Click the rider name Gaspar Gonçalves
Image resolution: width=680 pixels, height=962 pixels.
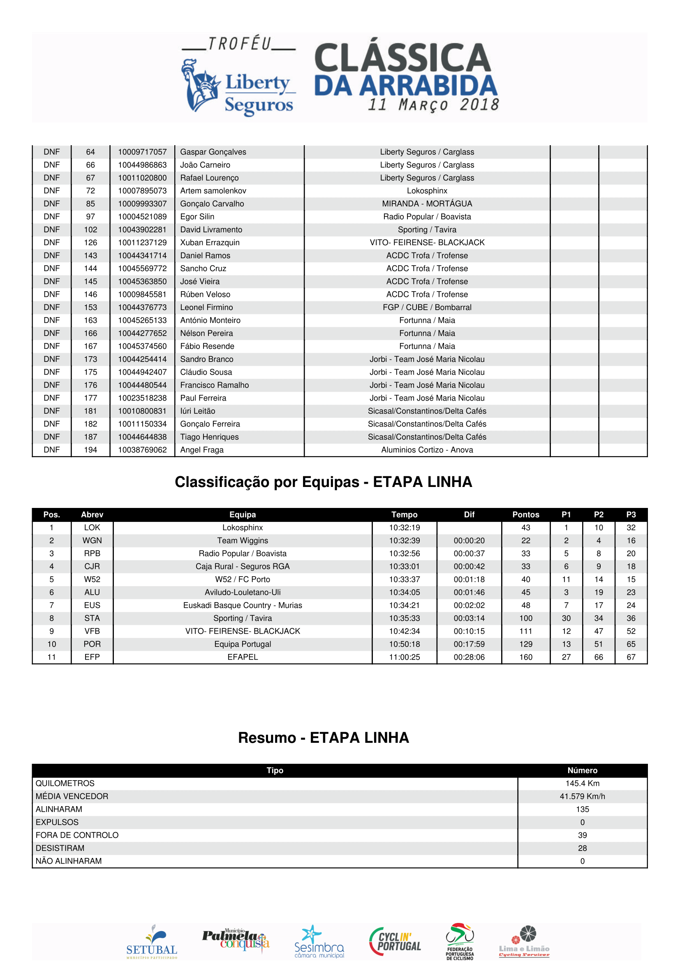click(213, 152)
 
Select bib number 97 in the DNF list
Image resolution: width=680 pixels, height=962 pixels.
click(90, 217)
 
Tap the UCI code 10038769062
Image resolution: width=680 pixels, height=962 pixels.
click(142, 450)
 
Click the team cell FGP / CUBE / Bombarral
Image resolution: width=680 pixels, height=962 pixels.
click(427, 308)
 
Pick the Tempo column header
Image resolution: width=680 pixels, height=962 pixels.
click(404, 515)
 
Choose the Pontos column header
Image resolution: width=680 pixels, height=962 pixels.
click(525, 515)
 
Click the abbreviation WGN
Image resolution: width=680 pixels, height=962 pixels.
click(92, 540)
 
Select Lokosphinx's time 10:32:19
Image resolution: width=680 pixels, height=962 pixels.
click(404, 528)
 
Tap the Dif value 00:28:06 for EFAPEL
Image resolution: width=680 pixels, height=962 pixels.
click(469, 657)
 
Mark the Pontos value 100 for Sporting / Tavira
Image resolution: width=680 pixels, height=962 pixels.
click(525, 619)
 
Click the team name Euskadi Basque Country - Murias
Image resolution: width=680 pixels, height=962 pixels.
click(243, 605)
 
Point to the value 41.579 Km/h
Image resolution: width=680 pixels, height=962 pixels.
click(582, 797)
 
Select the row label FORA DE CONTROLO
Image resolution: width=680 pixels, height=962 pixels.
click(77, 835)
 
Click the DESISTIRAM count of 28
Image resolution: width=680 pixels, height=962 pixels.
click(582, 848)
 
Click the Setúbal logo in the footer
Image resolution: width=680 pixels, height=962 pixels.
click(152, 942)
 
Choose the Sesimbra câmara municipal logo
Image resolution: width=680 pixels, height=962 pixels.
click(319, 942)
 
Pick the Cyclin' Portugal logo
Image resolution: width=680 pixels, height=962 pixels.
click(395, 941)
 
